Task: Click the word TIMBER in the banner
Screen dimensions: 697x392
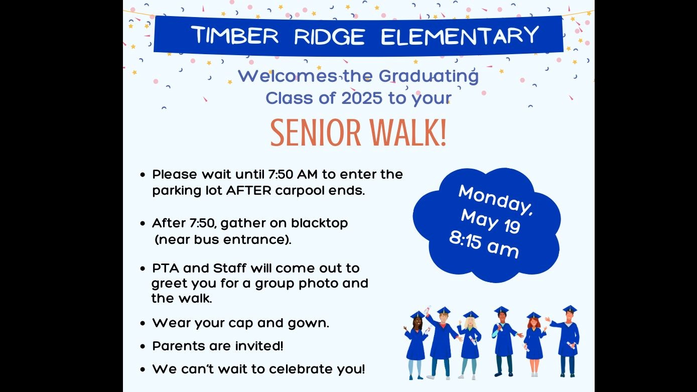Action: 235,35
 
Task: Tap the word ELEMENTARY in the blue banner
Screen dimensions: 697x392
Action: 460,35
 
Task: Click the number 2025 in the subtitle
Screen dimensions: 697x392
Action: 362,98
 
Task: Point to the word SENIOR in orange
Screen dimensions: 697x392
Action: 316,133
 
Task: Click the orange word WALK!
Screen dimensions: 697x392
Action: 408,133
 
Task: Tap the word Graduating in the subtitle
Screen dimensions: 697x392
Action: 429,77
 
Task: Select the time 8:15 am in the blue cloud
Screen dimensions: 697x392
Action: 484,245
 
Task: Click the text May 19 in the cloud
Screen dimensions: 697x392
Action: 490,221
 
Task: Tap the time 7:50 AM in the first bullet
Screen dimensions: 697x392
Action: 293,174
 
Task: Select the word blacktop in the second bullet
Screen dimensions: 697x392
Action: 319,223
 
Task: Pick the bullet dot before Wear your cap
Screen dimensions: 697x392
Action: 143,323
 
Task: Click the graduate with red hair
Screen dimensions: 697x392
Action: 534,344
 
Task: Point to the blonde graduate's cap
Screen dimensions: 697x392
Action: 471,315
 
